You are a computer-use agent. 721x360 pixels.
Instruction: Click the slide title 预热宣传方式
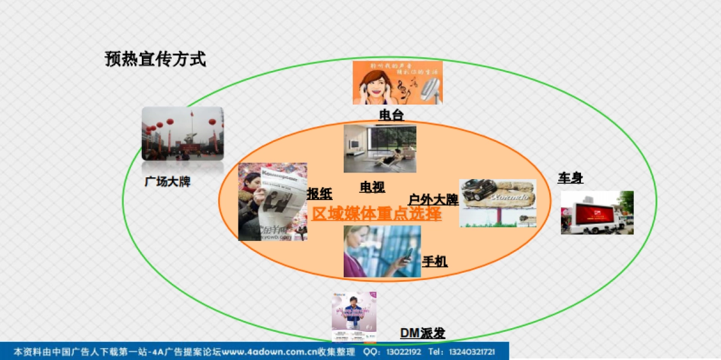coord(155,59)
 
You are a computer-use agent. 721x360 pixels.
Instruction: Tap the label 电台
coord(391,114)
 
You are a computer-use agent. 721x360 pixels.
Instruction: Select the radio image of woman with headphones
coord(397,82)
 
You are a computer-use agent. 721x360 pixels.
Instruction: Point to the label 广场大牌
coord(168,181)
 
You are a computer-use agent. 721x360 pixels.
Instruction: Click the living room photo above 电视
coord(380,148)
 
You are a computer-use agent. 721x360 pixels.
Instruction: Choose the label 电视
coord(373,187)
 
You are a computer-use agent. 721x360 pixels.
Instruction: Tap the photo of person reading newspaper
coord(273,202)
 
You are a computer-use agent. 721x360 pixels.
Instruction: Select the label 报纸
coord(320,194)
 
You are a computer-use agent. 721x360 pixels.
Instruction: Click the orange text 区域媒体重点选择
coord(377,214)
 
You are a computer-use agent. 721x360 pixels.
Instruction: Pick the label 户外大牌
coord(433,200)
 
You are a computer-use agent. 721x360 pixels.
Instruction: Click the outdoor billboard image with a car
coord(497,203)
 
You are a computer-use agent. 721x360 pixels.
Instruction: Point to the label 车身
coord(570,178)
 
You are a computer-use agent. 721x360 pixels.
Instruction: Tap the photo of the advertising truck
coord(597,213)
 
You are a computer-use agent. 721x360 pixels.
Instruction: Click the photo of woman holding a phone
coord(382,251)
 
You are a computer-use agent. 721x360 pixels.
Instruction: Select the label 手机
coord(435,261)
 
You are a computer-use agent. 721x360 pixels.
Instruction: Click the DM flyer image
coord(354,316)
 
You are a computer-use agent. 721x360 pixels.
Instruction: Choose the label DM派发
coord(423,333)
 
